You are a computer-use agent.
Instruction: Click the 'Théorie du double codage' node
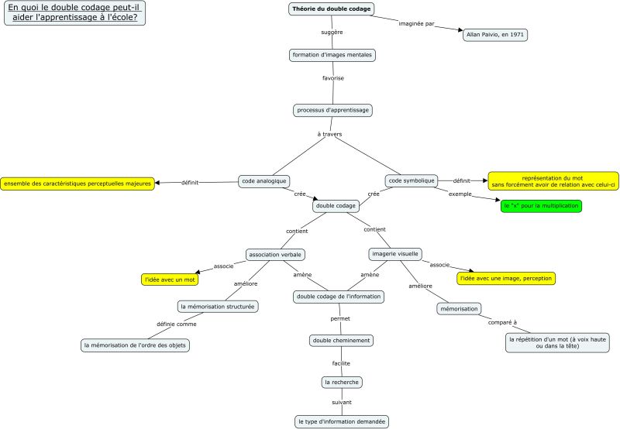(332, 9)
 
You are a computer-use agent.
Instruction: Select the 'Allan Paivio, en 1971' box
(494, 35)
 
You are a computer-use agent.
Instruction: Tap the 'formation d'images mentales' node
(332, 55)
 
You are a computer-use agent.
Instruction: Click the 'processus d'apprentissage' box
(333, 110)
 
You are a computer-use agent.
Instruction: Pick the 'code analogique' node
(263, 180)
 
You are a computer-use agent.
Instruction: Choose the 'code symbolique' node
(412, 180)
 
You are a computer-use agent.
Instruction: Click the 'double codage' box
(336, 206)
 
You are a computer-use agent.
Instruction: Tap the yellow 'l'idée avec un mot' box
(170, 278)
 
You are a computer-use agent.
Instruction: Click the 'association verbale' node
(275, 254)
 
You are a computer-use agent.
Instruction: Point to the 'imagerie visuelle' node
(394, 253)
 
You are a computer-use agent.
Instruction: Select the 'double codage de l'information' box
(339, 296)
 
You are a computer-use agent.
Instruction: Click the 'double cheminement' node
(341, 340)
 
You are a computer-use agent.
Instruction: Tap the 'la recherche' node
(342, 382)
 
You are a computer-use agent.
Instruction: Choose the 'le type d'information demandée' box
(342, 421)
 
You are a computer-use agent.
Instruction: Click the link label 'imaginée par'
(416, 23)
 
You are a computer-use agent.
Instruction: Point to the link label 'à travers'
(329, 134)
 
